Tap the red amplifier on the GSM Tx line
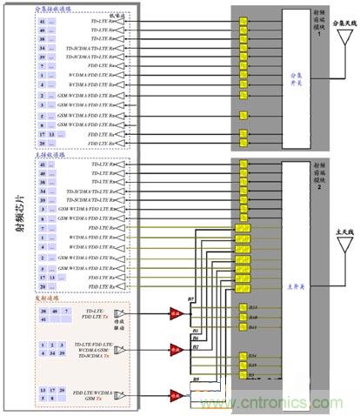(x=177, y=393)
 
